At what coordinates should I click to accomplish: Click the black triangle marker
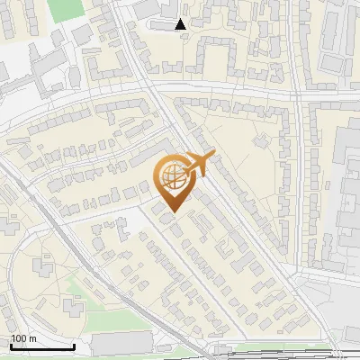181,24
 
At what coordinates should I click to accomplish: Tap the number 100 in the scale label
19,339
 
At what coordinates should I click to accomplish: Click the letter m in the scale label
32,339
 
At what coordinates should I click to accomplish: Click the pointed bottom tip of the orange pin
173,214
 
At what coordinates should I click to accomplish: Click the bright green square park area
63,10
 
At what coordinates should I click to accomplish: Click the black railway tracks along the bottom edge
270,354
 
